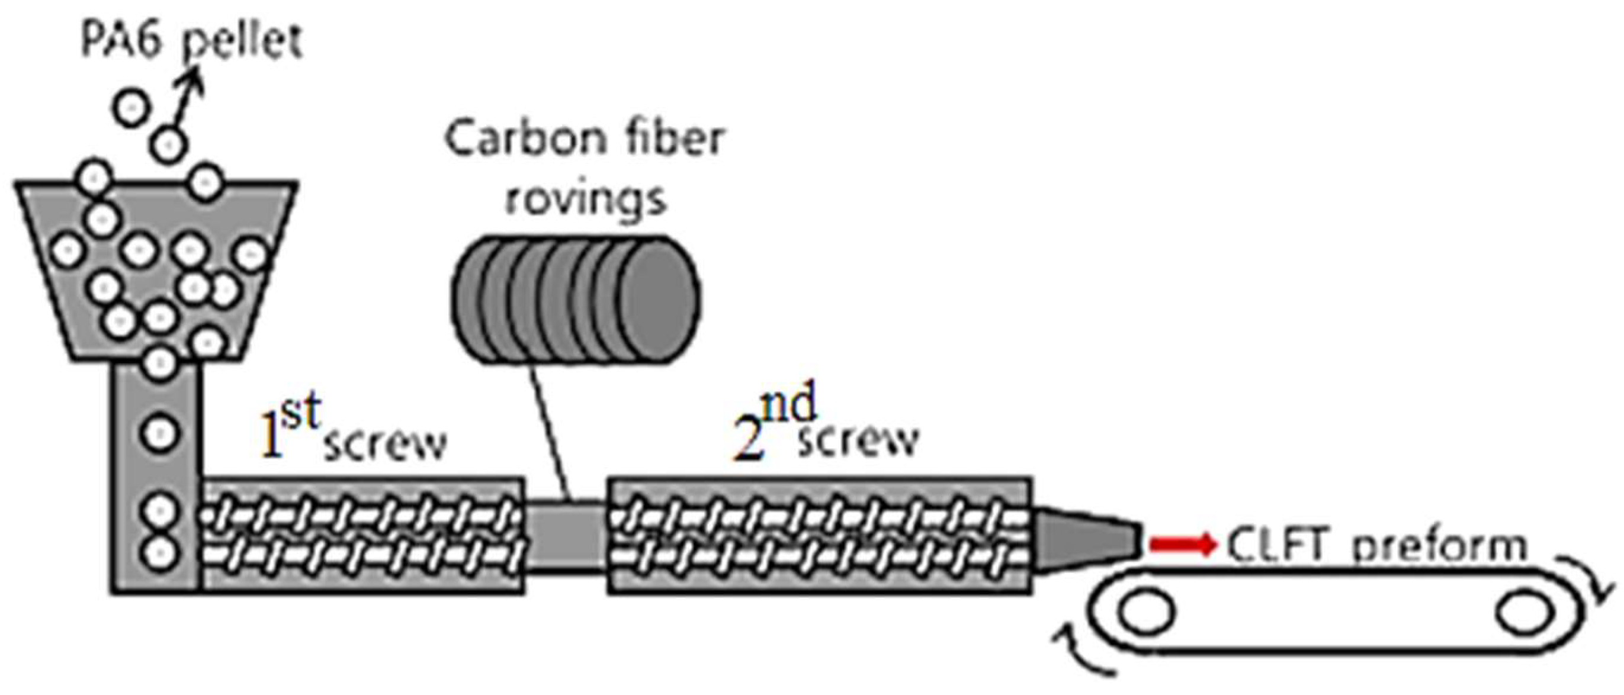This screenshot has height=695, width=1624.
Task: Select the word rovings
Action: [x=586, y=198]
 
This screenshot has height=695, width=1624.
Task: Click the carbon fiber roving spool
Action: [x=575, y=300]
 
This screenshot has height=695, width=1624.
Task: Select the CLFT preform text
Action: [x=1377, y=545]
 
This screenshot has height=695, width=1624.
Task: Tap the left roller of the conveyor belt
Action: [x=1147, y=611]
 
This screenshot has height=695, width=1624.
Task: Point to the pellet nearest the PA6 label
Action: [x=168, y=145]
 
